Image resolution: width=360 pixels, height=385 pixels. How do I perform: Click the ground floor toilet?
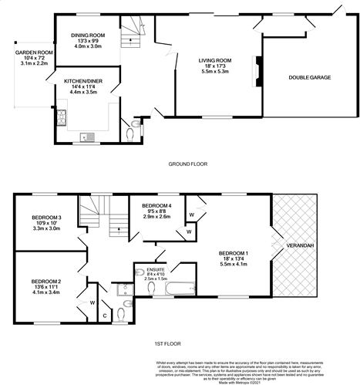coord(136,123)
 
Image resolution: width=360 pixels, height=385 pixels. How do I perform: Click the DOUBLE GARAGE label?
coord(310,77)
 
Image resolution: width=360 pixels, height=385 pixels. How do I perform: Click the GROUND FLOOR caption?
coord(187,164)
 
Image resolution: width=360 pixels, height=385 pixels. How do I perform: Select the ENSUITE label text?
coord(145,268)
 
